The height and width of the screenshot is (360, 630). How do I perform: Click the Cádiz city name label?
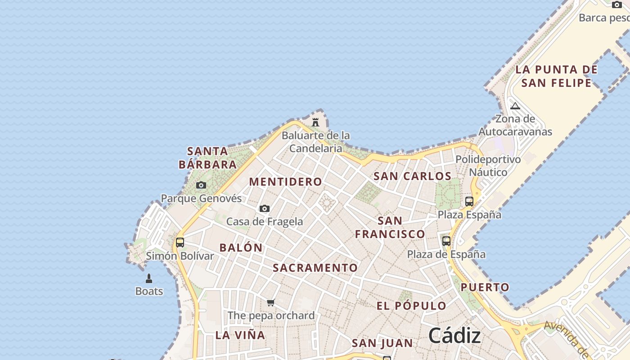[x=454, y=336]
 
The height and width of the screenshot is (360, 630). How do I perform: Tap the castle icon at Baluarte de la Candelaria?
[x=315, y=122]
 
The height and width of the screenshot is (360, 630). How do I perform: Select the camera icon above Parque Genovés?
[x=201, y=185]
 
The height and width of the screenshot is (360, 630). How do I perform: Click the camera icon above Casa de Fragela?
[x=265, y=208]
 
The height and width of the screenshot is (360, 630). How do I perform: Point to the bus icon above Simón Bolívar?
[x=180, y=243]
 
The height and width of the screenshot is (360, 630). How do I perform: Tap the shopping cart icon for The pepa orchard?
[x=270, y=302]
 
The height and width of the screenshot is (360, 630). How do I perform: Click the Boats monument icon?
[x=149, y=279]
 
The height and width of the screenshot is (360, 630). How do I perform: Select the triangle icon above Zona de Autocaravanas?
[x=515, y=106]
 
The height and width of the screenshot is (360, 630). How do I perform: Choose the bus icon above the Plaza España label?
[x=469, y=201]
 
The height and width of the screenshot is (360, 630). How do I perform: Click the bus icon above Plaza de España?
[x=446, y=241]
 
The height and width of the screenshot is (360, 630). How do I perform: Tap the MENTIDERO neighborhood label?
[x=286, y=182]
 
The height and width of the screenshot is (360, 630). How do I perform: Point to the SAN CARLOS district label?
[x=412, y=176]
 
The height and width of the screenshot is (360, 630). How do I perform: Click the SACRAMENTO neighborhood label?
[x=315, y=268]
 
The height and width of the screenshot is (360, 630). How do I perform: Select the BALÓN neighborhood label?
[x=241, y=247]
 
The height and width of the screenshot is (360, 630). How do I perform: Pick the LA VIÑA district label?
[x=240, y=335]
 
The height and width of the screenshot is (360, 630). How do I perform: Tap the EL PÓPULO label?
[x=411, y=306]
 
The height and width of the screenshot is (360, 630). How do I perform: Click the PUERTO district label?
[x=485, y=287]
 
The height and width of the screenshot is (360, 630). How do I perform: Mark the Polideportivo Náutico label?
[x=488, y=166]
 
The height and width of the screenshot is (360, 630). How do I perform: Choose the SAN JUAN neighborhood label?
[x=382, y=343]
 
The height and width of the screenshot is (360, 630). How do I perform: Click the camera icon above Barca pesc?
[x=616, y=4]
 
